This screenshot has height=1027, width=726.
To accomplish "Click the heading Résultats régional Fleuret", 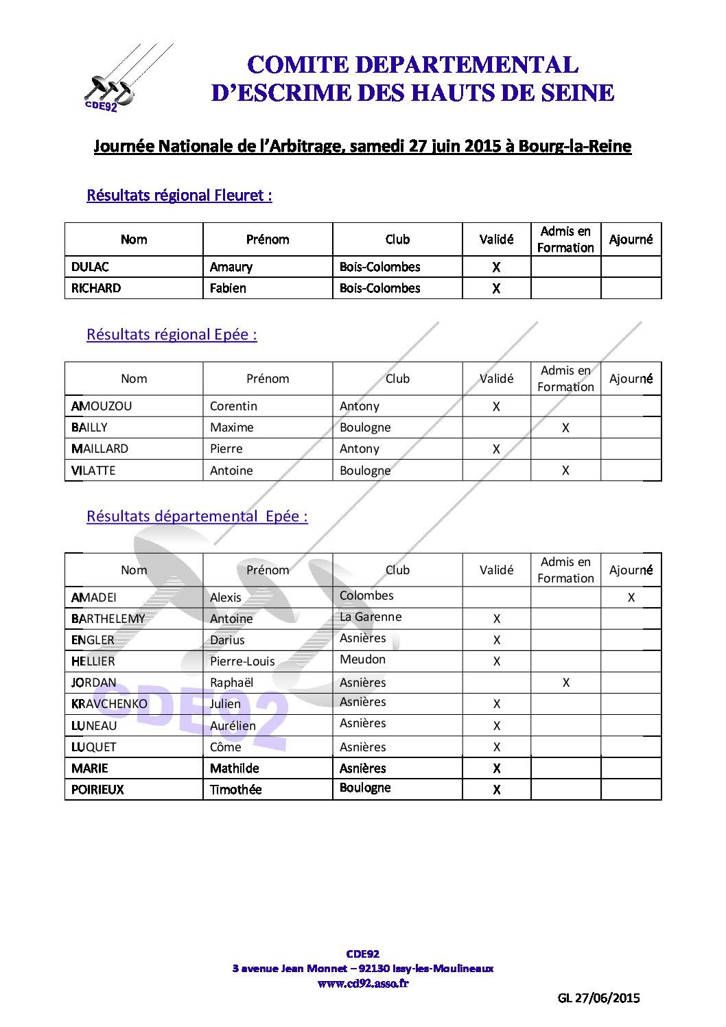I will tap(179, 196).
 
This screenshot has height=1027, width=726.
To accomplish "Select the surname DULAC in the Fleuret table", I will tap(90, 267).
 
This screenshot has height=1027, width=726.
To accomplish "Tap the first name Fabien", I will tap(228, 288).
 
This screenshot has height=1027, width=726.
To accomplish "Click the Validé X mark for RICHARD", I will tap(496, 289).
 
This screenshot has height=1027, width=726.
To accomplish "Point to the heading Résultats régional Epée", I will tap(172, 335).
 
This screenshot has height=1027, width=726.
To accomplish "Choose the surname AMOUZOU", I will tap(102, 406).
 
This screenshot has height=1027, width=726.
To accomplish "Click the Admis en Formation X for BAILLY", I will tap(565, 428).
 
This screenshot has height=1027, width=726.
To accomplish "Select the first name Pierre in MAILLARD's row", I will tap(226, 449).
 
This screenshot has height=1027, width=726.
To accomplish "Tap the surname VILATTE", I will tap(93, 471).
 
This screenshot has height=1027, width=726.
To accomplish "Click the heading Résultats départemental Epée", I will tap(197, 517).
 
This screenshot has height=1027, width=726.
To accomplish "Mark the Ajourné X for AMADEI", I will tap(631, 598).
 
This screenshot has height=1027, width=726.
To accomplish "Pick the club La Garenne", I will tap(371, 617).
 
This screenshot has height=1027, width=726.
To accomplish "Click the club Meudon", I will tap(362, 659).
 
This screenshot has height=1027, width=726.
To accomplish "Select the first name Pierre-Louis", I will tap(242, 661).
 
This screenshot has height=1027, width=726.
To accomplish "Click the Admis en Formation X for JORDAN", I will tap(565, 683).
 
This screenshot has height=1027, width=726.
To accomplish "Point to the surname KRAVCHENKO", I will tap(109, 704).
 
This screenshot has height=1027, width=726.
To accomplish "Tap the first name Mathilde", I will tap(234, 768).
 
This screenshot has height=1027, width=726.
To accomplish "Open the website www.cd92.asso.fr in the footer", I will tap(363, 983).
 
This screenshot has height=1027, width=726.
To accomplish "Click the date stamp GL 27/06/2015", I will tap(598, 998).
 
